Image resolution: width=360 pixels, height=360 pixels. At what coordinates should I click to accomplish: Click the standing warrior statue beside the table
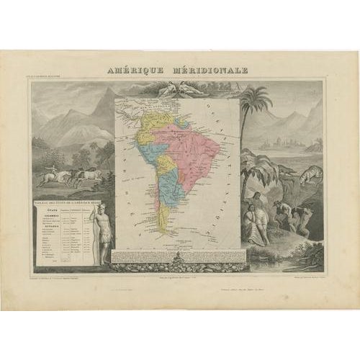(104, 234)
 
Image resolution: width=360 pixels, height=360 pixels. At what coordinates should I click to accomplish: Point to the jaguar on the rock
(311, 175)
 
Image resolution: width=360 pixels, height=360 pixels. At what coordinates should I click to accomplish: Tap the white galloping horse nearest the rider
(65, 175)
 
